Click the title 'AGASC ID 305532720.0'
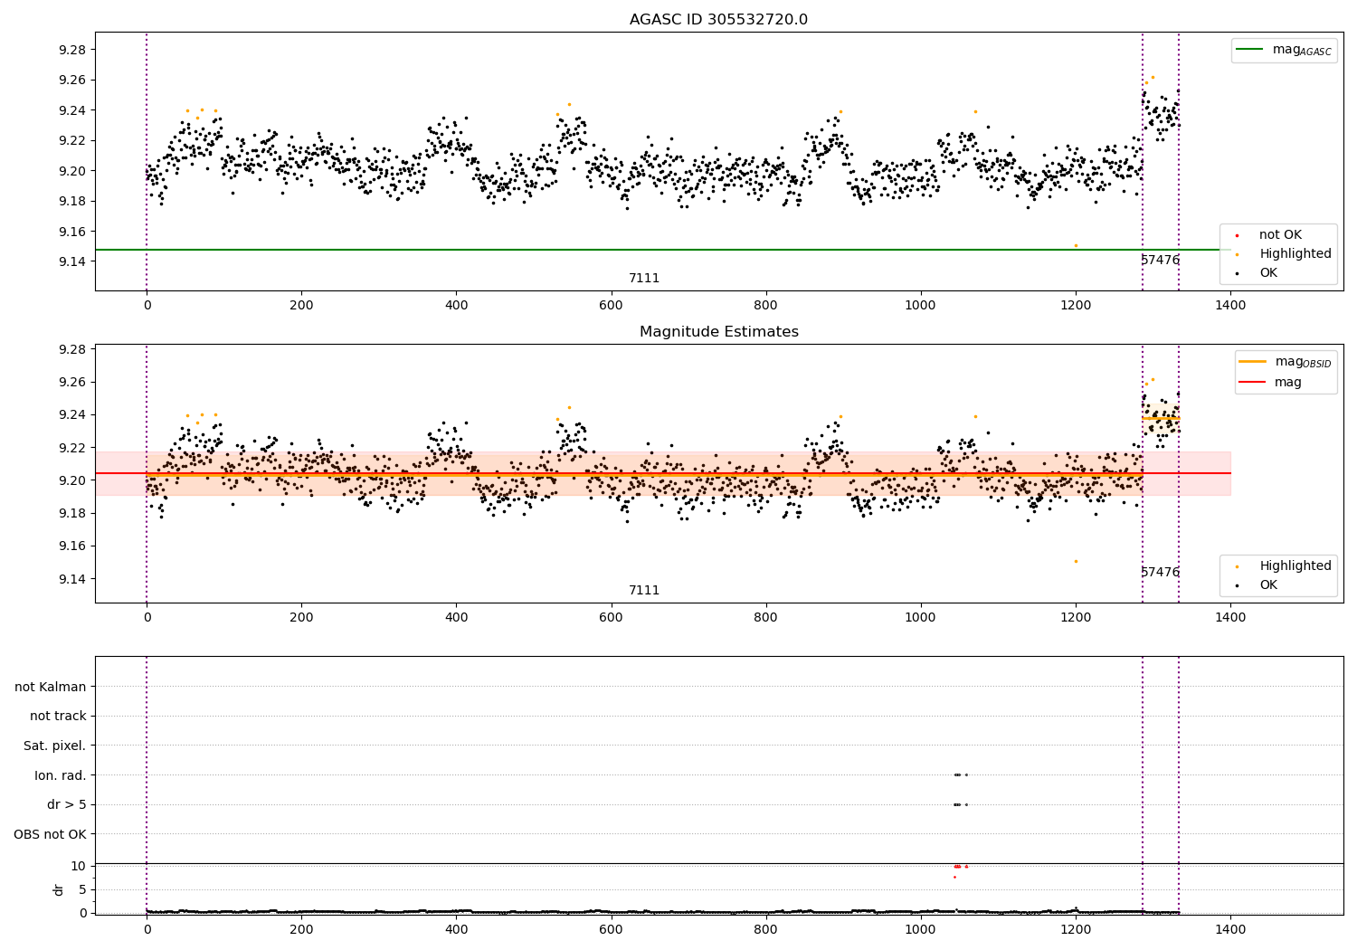718,20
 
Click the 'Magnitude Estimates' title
718,332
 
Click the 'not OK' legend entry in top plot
1279,235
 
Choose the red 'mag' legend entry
1287,382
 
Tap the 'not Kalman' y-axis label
51,687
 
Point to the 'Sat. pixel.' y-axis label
55,746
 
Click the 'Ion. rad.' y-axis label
61,775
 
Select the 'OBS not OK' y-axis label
51,834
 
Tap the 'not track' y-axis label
58,716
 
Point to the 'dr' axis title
59,889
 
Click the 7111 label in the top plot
644,279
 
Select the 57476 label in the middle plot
1160,572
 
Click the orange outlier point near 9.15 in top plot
1076,245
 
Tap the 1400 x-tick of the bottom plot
1230,928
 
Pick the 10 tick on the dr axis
78,866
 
